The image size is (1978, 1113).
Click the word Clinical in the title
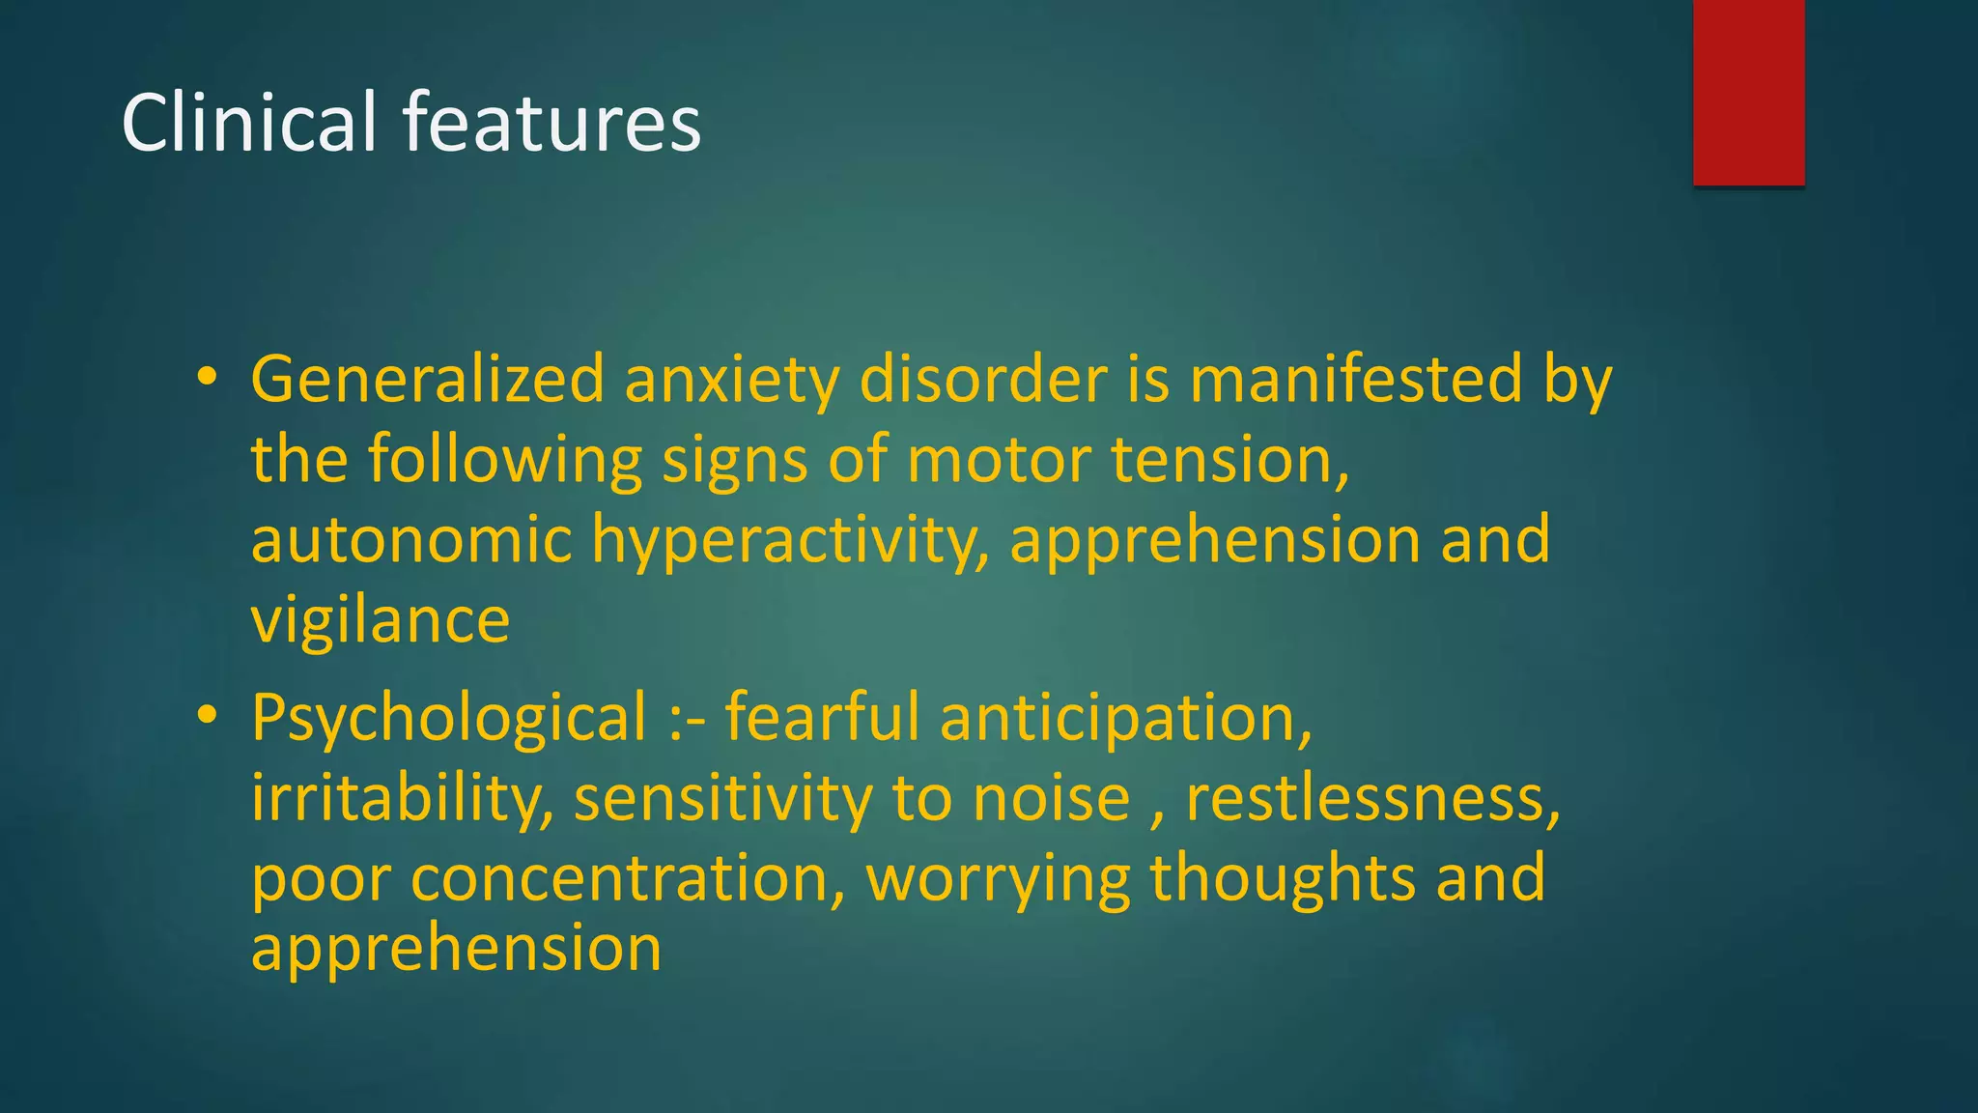pyautogui.click(x=248, y=123)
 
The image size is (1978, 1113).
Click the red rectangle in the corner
pyautogui.click(x=1748, y=92)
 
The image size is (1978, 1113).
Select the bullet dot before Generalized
pyautogui.click(x=206, y=378)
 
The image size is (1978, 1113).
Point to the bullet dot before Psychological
pyautogui.click(x=206, y=717)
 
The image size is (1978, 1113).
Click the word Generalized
pyautogui.click(x=428, y=379)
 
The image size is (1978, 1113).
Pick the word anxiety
pyautogui.click(x=732, y=381)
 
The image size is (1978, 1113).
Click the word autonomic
pyautogui.click(x=411, y=540)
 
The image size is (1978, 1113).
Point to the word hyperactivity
pyautogui.click(x=790, y=541)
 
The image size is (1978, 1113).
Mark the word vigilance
pyautogui.click(x=381, y=621)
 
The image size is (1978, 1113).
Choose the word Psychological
pyautogui.click(x=448, y=719)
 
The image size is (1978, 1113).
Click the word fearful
pyautogui.click(x=822, y=718)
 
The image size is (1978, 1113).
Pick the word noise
pyautogui.click(x=1051, y=800)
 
